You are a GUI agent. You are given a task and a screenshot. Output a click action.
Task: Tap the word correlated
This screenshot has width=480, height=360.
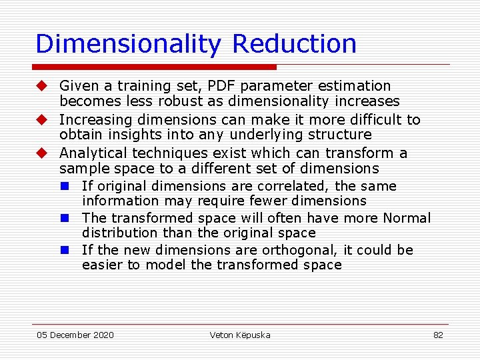[x=298, y=186]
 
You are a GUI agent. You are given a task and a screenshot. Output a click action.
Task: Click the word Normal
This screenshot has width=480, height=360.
[x=407, y=218]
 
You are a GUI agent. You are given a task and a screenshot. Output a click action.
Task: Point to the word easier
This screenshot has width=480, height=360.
[x=102, y=265]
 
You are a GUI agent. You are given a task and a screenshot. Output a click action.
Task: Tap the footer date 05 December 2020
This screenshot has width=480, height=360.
[x=75, y=335]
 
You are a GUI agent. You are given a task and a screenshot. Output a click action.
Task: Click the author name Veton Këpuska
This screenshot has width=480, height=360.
[x=240, y=335]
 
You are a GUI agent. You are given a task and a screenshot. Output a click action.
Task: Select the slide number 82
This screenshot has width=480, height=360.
[x=438, y=335]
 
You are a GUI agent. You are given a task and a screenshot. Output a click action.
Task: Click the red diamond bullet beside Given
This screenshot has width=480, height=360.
[x=41, y=86]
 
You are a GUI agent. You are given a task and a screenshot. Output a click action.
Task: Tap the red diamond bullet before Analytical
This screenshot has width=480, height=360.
[x=41, y=153]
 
